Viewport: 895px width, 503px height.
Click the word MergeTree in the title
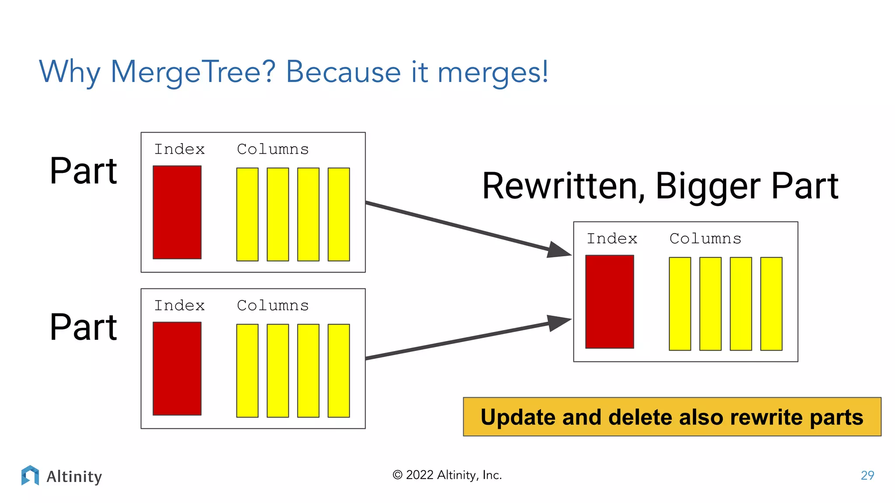tap(193, 72)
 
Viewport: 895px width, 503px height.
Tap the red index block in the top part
tap(177, 212)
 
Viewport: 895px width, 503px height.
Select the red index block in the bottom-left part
tap(177, 369)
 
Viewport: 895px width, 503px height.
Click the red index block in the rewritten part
tap(610, 302)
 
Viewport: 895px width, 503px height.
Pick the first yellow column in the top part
tap(247, 214)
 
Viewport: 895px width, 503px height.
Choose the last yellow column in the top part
tap(339, 214)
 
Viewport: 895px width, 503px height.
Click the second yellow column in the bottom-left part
tap(278, 371)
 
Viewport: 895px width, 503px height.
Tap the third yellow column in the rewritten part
tap(741, 304)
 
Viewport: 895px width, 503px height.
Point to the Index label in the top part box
tap(180, 149)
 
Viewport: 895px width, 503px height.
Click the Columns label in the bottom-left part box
tap(273, 306)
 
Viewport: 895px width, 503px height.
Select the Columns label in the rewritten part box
tap(705, 239)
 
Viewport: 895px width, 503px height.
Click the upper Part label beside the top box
tap(83, 171)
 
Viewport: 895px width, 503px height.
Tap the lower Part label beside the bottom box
tap(83, 327)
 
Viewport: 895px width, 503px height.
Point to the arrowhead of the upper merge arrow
tap(559, 250)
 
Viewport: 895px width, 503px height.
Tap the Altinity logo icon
tap(30, 475)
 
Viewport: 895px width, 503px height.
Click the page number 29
tap(867, 475)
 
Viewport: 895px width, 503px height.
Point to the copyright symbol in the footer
tap(397, 475)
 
